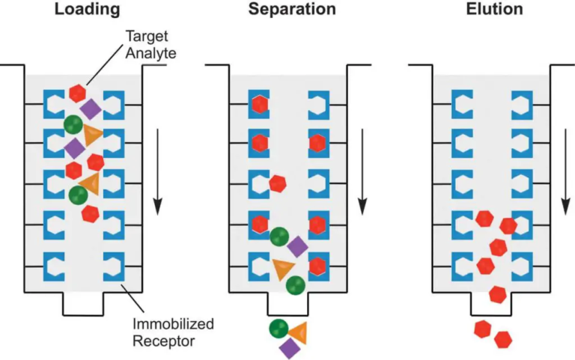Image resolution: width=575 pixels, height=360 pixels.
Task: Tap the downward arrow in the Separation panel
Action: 363,170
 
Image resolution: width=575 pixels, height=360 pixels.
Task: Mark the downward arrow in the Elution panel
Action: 566,170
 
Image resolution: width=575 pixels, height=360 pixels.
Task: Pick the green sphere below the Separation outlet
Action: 279,328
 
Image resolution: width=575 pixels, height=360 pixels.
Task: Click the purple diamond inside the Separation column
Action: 297,245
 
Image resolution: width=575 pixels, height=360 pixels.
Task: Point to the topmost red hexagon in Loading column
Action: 76,93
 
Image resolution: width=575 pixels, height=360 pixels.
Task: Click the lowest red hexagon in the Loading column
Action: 91,214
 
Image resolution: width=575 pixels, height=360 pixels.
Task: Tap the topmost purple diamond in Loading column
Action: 91,109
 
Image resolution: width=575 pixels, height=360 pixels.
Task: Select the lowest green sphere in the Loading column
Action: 77,195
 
